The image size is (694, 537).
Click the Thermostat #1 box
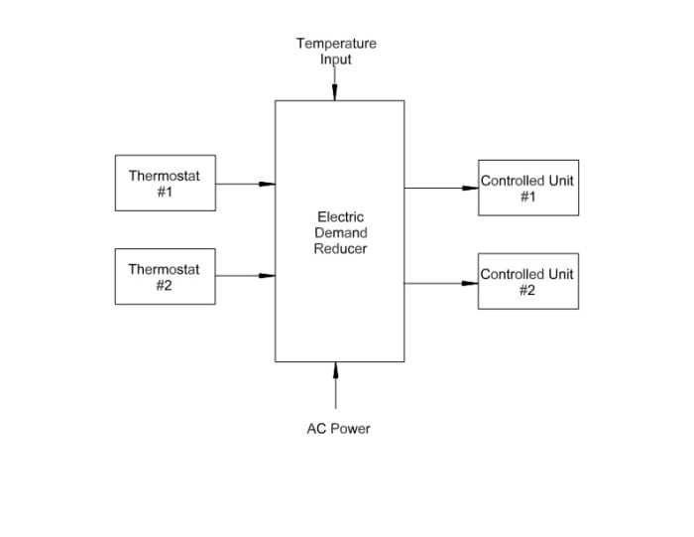(165, 183)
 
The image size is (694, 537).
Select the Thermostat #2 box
(165, 276)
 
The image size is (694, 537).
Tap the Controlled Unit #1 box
(527, 188)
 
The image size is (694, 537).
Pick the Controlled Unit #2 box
(527, 281)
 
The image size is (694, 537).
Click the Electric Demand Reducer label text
(340, 232)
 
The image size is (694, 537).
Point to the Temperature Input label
(336, 51)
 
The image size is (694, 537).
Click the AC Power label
(338, 429)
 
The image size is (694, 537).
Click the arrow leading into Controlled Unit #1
(441, 188)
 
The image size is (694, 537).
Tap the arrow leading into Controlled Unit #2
(441, 283)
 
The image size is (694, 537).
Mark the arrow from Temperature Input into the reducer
(335, 84)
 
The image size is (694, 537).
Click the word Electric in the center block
(340, 216)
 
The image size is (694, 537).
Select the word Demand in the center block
(340, 232)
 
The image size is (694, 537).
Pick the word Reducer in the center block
(340, 248)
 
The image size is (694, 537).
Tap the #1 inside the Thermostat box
(165, 192)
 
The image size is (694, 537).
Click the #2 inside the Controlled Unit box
(527, 290)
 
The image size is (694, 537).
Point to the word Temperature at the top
(336, 44)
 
